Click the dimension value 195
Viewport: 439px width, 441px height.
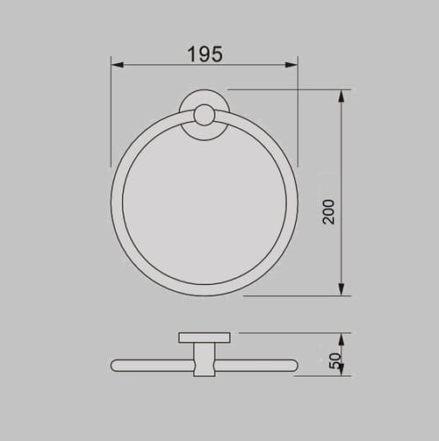[x=205, y=53]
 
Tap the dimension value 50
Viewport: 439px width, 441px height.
[x=335, y=359]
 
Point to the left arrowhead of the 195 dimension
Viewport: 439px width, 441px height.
[x=117, y=65]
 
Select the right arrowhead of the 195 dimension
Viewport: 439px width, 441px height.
[x=291, y=65]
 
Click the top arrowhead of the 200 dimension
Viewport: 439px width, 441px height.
[x=341, y=96]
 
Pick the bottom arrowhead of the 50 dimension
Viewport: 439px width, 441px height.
[x=341, y=370]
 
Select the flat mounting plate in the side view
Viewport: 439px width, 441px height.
[x=205, y=338]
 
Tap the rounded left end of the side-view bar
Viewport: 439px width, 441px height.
[x=114, y=365]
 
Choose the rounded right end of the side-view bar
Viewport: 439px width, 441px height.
[x=294, y=365]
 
